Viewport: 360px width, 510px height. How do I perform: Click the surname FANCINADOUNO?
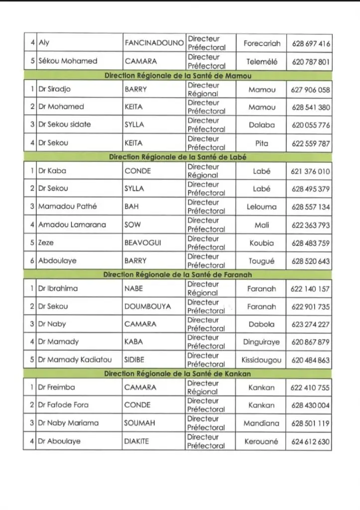(154, 43)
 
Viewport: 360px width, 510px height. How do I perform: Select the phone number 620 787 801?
(311, 62)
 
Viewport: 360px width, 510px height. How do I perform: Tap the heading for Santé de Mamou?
(178, 76)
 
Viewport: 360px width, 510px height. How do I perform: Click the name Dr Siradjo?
(54, 90)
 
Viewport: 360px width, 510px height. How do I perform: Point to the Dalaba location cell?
(261, 125)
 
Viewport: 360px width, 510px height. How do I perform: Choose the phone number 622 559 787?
(311, 143)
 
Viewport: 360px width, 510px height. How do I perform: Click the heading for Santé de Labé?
(178, 157)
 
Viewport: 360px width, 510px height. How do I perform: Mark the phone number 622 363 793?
(311, 225)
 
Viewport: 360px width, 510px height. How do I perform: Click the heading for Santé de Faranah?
(178, 274)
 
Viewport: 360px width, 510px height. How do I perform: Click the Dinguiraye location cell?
(261, 342)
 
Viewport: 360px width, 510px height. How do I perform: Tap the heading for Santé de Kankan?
(178, 374)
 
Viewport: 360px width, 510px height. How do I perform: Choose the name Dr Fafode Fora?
(63, 405)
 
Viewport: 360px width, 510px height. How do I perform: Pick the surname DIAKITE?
(137, 441)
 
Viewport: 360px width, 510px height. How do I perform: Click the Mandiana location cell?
(261, 423)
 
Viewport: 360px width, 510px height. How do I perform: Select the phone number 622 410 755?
(311, 387)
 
